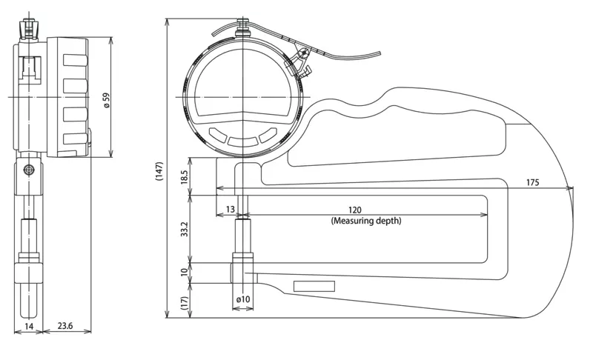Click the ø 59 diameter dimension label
coord(107,101)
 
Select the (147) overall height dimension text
coord(159,171)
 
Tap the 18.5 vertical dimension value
coord(184,177)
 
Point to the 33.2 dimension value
coord(184,230)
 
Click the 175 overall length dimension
coord(532,182)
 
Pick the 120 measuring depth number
coord(355,210)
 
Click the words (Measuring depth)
coord(366,220)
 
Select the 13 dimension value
coord(231,209)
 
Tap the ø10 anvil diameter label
coord(243,299)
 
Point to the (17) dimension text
coord(184,303)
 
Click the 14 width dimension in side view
coord(29,326)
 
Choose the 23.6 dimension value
coord(65,326)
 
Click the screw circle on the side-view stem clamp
coord(29,170)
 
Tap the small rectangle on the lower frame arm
coord(314,287)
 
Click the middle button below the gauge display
coord(243,141)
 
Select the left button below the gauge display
coord(217,136)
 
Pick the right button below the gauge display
coord(268,136)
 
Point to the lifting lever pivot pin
coord(304,53)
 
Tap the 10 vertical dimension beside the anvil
coord(184,272)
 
